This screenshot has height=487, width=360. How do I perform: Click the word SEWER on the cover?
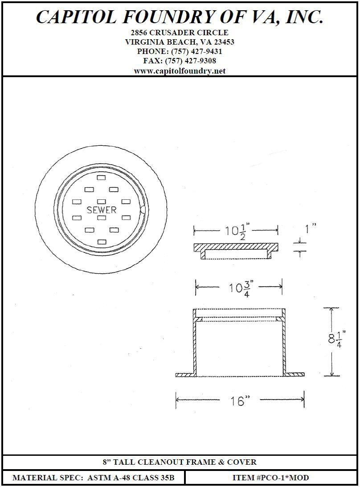tap(102, 210)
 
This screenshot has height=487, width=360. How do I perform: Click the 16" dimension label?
tap(239, 401)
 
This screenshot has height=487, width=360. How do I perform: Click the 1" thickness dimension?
tap(310, 229)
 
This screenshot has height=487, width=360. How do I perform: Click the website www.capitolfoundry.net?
tap(180, 71)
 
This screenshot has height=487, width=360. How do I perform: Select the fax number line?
tap(180, 61)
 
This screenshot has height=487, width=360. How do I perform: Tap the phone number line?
tap(180, 51)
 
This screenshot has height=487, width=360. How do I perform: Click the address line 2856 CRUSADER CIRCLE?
tap(180, 33)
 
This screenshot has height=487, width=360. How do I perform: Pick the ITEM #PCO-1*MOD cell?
tap(270, 478)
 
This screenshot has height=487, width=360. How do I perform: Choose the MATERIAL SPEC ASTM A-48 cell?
tap(93, 478)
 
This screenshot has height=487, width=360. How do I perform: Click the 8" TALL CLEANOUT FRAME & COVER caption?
tap(180, 462)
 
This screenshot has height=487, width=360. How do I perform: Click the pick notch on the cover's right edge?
tap(142, 209)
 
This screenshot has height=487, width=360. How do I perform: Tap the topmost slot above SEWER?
tap(102, 177)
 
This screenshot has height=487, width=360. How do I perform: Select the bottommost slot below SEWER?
tap(102, 241)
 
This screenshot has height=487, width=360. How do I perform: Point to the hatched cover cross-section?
tap(236, 246)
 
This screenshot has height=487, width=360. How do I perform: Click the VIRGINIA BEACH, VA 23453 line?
tap(180, 42)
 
